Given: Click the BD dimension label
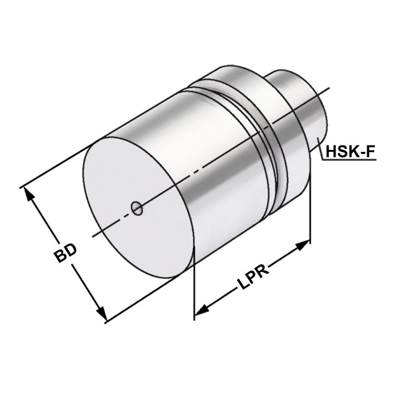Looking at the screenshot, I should (66, 254).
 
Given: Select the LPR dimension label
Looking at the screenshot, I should (252, 279).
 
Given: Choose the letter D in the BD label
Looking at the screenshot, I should (71, 250).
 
